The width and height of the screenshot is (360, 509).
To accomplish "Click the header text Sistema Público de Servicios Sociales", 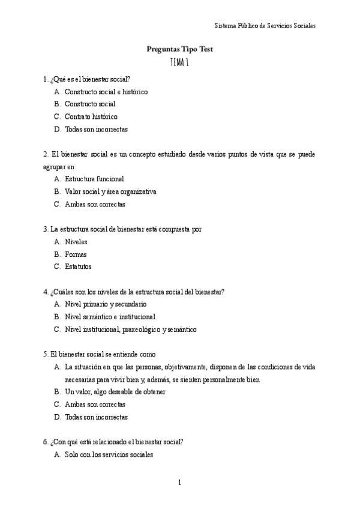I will (x=265, y=26).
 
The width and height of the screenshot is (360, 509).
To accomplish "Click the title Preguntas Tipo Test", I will (x=179, y=49).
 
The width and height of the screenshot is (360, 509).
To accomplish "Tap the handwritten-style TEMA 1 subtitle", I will (x=180, y=62).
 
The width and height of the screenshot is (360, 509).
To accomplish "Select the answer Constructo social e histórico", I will (x=106, y=92).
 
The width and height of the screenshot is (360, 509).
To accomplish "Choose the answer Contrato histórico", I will (x=91, y=116).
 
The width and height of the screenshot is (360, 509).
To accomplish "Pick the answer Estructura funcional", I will (x=94, y=179).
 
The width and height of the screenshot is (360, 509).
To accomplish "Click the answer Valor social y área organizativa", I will (x=110, y=191).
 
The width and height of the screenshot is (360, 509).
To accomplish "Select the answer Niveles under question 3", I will (x=76, y=241).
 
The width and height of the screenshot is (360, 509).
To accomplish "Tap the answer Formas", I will (x=76, y=254).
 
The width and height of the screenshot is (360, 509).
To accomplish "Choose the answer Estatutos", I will (x=78, y=267).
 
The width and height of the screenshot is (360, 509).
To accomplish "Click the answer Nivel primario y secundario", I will (x=105, y=304).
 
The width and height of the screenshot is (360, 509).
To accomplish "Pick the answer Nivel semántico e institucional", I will (x=110, y=316).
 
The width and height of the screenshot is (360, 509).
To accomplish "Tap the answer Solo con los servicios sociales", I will (x=109, y=454).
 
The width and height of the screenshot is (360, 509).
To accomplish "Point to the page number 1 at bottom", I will (x=179, y=482).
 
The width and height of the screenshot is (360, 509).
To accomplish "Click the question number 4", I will (x=46, y=292).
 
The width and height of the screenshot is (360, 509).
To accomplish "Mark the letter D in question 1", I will (x=57, y=129).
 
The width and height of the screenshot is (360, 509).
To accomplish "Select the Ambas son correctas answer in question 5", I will (x=95, y=404).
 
